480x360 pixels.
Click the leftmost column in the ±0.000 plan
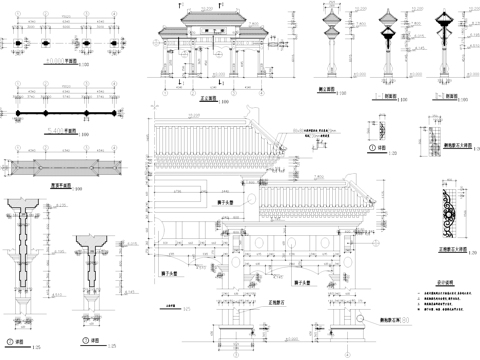(14, 44)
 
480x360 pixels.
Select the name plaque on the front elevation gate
(211, 33)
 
